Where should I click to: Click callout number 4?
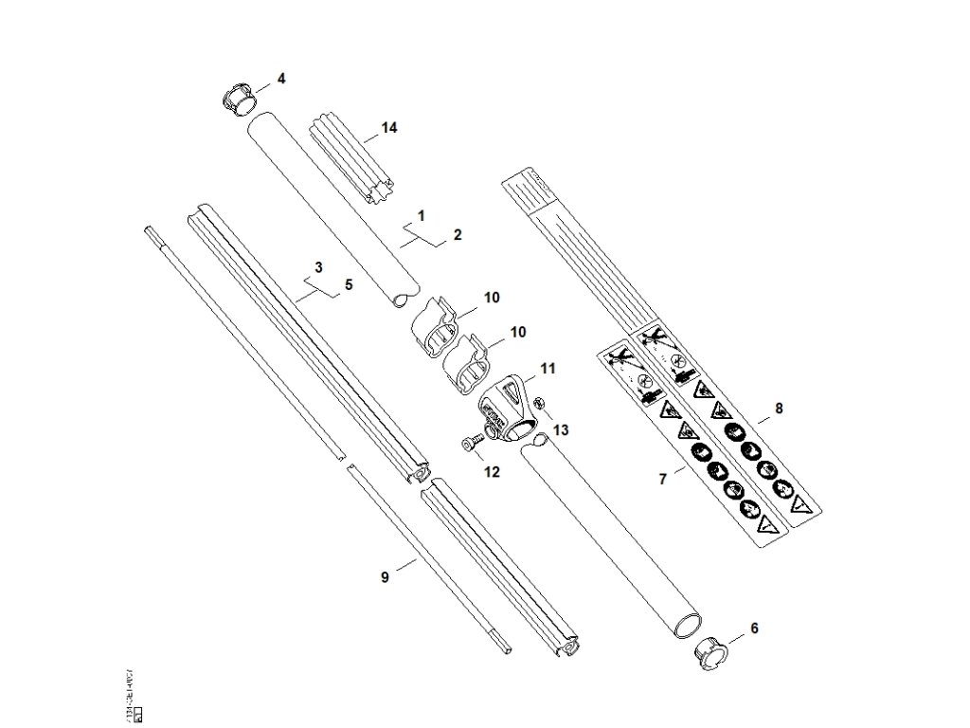click(x=280, y=77)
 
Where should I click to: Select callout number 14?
click(x=388, y=127)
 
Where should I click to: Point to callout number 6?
click(x=754, y=628)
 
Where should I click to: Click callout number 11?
click(x=547, y=367)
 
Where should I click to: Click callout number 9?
click(x=385, y=576)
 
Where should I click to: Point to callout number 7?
click(x=663, y=479)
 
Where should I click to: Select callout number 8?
click(x=779, y=409)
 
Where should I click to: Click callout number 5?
click(x=348, y=282)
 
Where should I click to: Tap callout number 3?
click(x=319, y=266)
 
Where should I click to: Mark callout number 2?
click(x=458, y=233)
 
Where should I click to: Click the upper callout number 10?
click(x=491, y=298)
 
